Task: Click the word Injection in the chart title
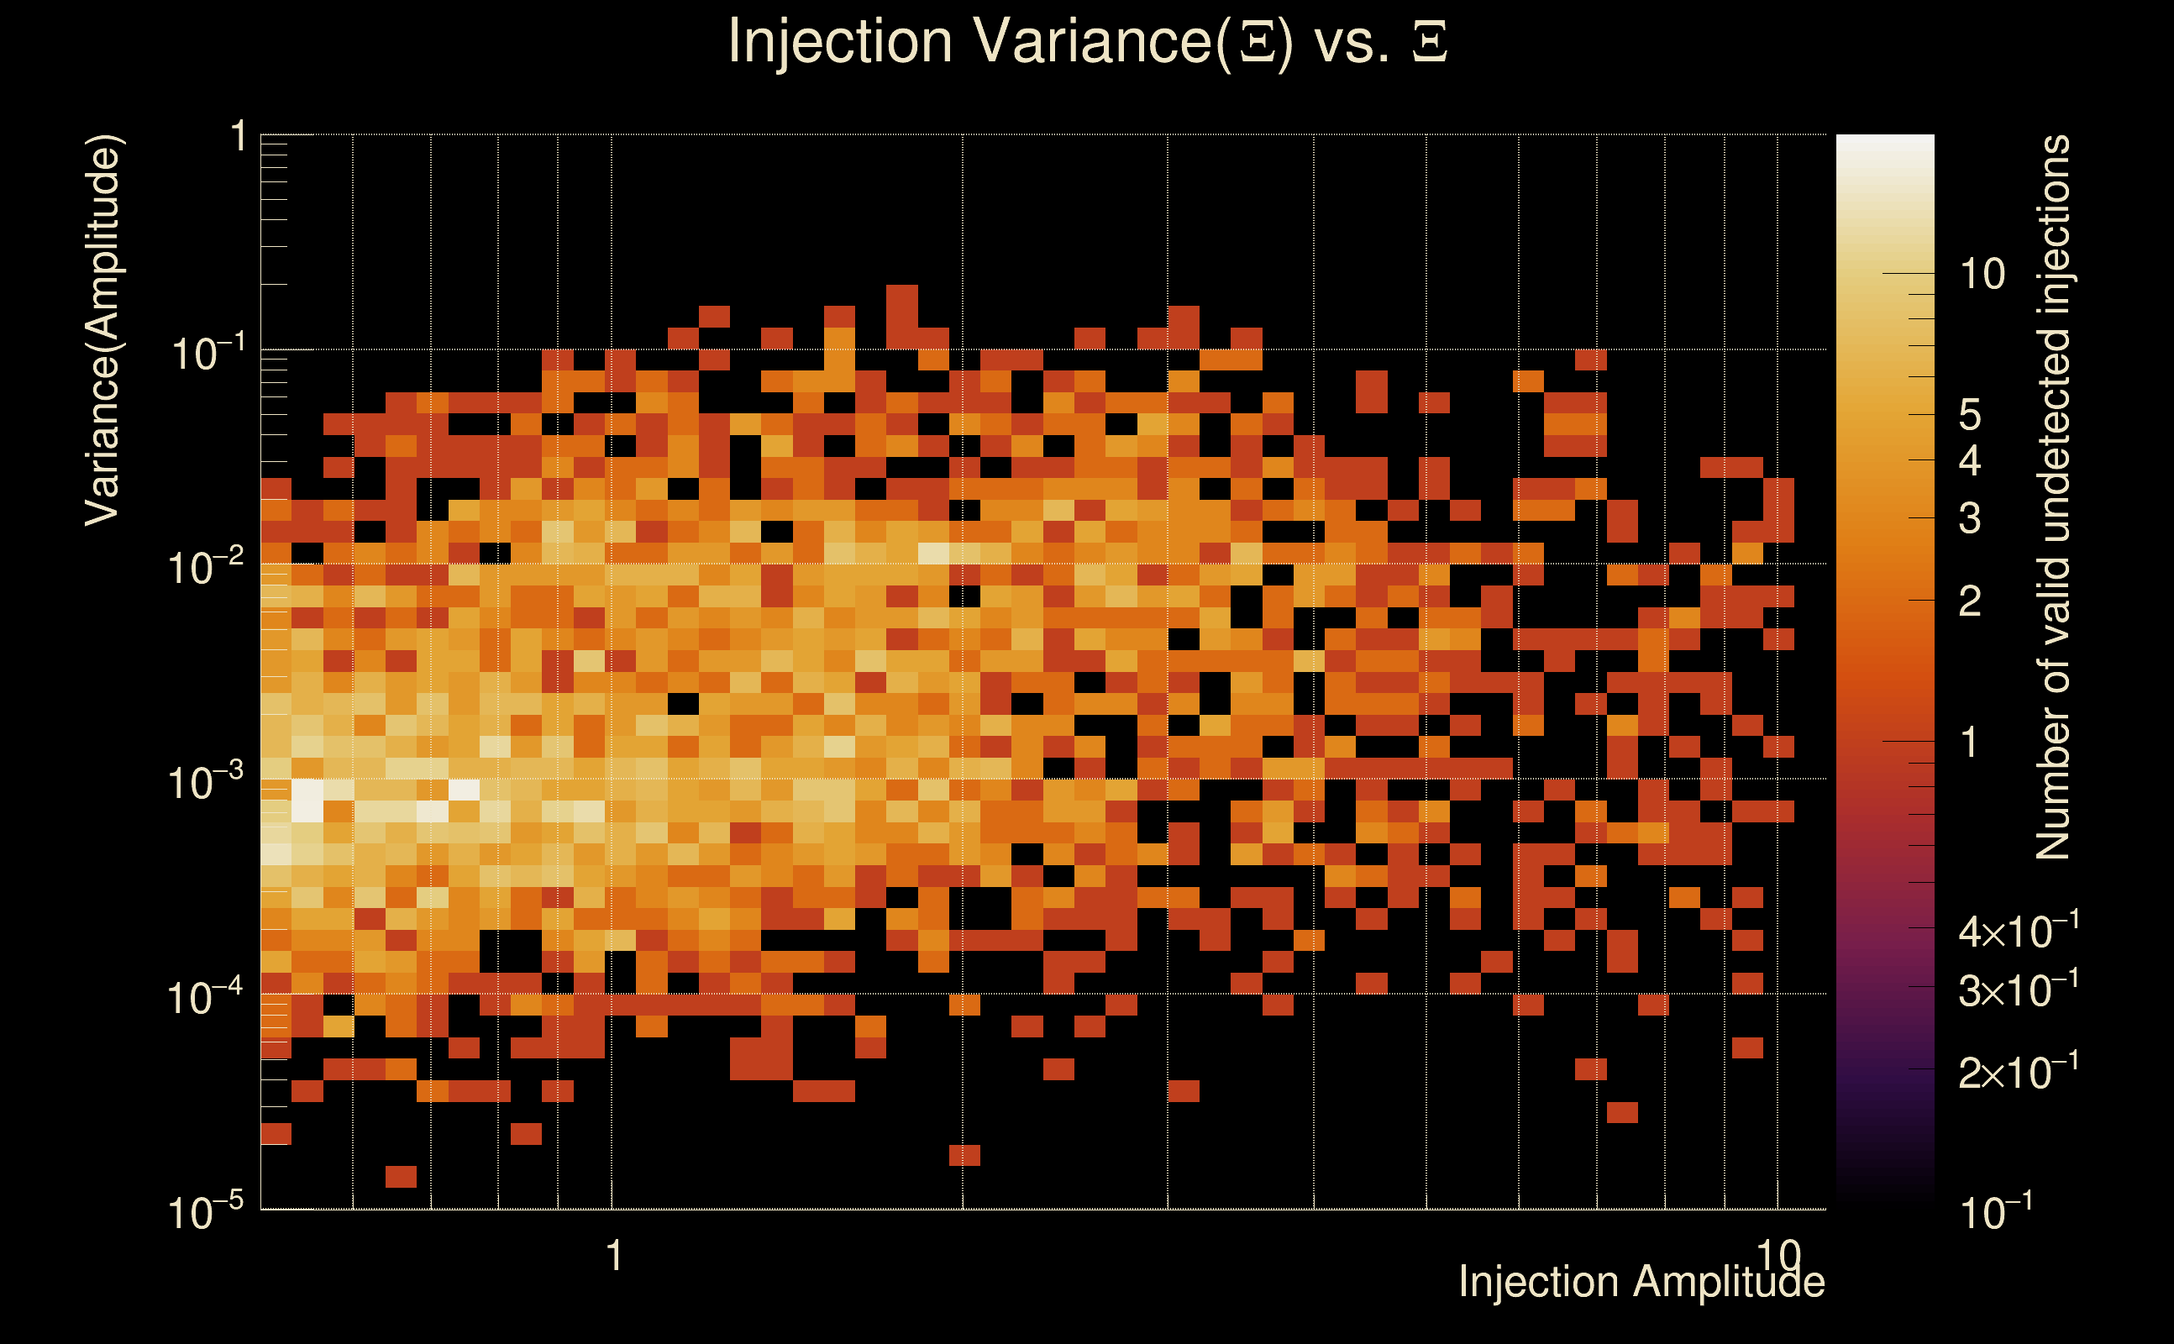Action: click(840, 42)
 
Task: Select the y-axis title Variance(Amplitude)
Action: click(103, 331)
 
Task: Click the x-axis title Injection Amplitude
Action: click(1641, 1281)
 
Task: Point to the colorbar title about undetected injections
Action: click(2052, 498)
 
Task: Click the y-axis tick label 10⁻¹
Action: click(206, 353)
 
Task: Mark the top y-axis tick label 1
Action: click(238, 137)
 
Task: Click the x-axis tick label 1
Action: click(613, 1256)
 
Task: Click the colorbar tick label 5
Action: click(1970, 415)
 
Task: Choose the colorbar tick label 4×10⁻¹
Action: click(2018, 931)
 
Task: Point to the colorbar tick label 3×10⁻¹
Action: click(2018, 990)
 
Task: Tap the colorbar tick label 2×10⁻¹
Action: click(2018, 1072)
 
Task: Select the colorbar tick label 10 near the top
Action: click(1982, 275)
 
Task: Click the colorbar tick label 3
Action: click(1970, 518)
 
